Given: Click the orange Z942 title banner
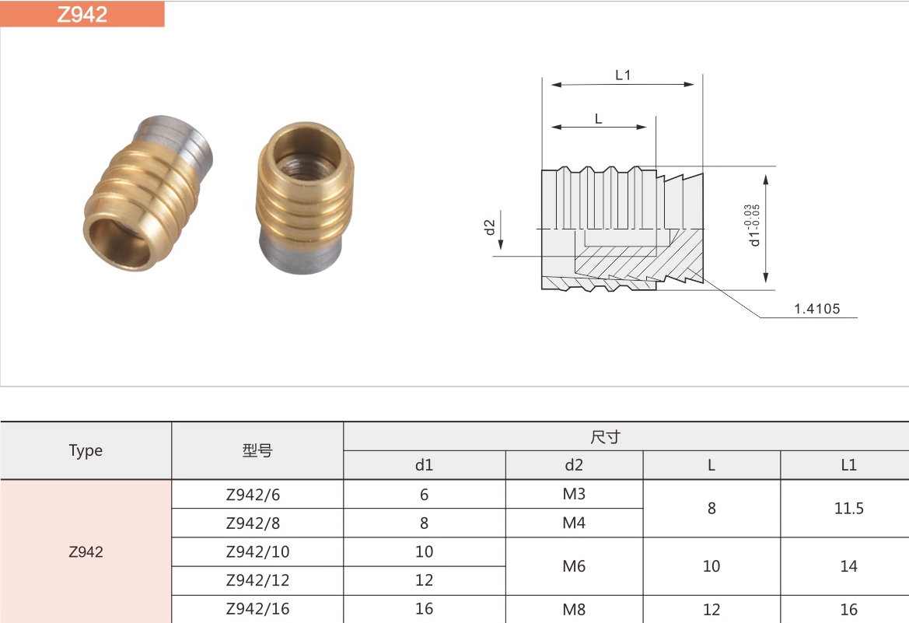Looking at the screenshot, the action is click(82, 14).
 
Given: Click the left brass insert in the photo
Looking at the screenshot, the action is click(148, 193).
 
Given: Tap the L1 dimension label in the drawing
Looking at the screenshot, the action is click(623, 75).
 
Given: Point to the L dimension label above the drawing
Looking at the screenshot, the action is click(598, 119).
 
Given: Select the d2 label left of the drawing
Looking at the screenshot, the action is click(490, 227).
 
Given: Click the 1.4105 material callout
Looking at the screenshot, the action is click(816, 309).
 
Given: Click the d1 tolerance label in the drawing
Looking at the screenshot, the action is click(753, 225).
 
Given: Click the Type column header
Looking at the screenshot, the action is click(86, 450).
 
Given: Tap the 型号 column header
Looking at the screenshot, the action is click(257, 450).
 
